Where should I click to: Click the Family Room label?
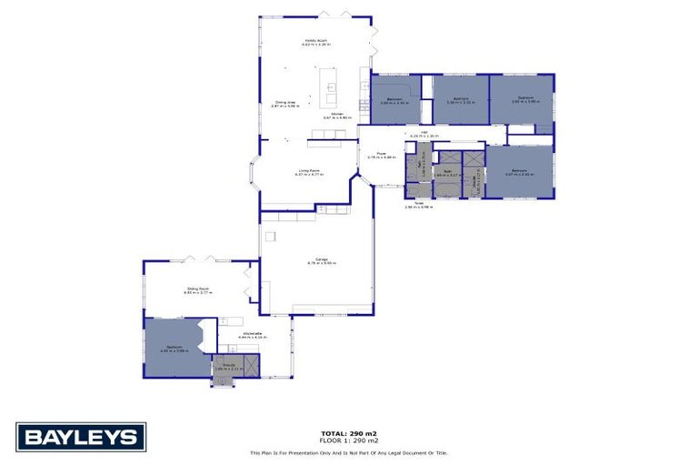(x=315, y=42)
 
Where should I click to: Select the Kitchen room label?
(x=336, y=116)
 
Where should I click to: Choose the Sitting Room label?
(x=198, y=291)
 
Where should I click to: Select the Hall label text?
(x=424, y=134)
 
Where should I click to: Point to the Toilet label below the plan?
(x=419, y=205)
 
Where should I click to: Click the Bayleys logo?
(x=81, y=437)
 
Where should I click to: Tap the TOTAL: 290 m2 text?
(x=348, y=432)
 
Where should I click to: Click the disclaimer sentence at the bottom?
(x=348, y=452)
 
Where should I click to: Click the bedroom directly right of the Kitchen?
(x=394, y=101)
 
